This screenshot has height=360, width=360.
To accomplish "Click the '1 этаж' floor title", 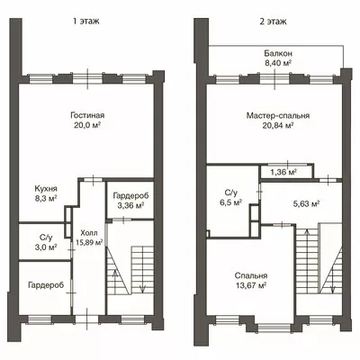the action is pos(85,22).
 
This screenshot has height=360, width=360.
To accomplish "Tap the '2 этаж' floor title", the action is pos(273,22).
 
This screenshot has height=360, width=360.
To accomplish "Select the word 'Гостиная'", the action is pos(87,115).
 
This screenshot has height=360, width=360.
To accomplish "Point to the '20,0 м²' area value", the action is pos(87,125).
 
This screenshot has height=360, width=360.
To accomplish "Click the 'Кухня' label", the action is pos(46,189).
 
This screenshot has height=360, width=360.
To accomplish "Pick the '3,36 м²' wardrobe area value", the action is pos(130,205).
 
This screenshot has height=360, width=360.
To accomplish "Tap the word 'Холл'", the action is pos(89,233).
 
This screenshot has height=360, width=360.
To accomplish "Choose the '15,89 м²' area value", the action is pos(89,242).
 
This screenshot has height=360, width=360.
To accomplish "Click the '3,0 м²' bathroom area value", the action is pos(46,247).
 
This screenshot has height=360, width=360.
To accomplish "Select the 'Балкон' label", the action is pos(278,53).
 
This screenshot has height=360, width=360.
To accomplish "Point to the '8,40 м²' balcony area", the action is pos(278,63).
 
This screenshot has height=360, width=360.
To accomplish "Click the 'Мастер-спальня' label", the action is pos(278,115).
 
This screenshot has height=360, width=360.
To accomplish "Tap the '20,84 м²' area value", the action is pos(278,125).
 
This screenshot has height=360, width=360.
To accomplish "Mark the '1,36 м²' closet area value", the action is pos(283,172).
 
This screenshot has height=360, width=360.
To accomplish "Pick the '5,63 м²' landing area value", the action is pos(306,203).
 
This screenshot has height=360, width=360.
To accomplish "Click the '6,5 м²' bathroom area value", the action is pos(230,202).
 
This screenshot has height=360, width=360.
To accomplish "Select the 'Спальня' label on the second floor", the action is pos(251,275).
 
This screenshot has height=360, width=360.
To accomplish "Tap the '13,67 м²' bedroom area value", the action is pos(251,285).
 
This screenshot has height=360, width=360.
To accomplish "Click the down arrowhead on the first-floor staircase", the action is pos(142,289).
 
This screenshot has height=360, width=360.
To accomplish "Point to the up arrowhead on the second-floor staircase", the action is pos(306,232).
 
